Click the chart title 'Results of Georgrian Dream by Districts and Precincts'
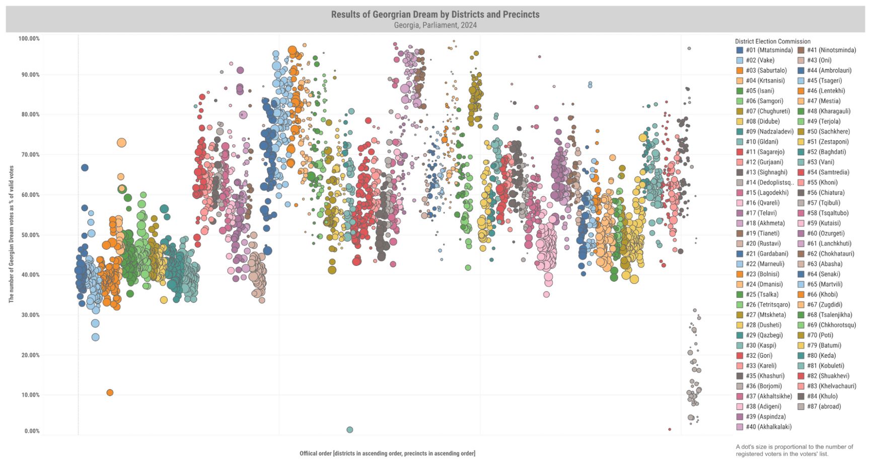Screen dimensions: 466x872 pyautogui.click(x=435, y=15)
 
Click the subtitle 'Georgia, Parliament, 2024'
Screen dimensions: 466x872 pyautogui.click(x=435, y=25)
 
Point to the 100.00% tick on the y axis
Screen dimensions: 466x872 pyautogui.click(x=29, y=39)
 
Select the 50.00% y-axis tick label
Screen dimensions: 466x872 pyautogui.click(x=30, y=235)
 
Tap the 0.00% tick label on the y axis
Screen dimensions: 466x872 pyautogui.click(x=31, y=431)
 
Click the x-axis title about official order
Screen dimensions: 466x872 pyautogui.click(x=387, y=453)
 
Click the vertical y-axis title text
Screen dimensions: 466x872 pyautogui.click(x=11, y=234)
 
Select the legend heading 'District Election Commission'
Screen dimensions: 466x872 pyautogui.click(x=772, y=41)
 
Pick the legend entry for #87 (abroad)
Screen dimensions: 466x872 pyautogui.click(x=826, y=406)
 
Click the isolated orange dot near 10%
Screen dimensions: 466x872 pyautogui.click(x=110, y=393)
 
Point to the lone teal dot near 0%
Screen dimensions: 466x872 pyautogui.click(x=350, y=430)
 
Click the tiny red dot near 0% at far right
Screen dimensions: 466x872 pyautogui.click(x=670, y=429)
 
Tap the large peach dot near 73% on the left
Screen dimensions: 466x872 pyautogui.click(x=121, y=143)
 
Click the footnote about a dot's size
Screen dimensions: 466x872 pyautogui.click(x=794, y=450)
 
